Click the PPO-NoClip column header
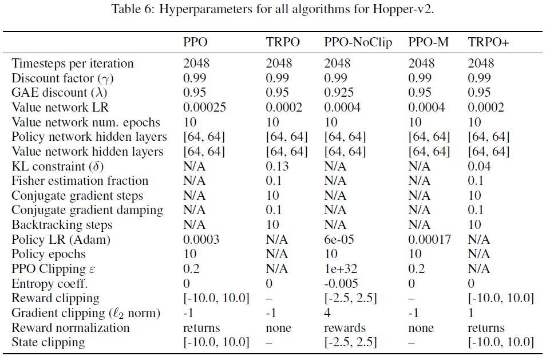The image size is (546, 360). coord(358,42)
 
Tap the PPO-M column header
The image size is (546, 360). coord(430,42)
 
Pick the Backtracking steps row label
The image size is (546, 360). coord(62,225)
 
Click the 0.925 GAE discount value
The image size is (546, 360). coord(339,92)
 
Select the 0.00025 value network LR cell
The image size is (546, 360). coord(205,107)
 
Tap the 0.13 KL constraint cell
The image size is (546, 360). coord(278,166)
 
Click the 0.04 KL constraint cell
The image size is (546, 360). coord(480,166)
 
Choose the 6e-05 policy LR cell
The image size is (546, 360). coord(339,240)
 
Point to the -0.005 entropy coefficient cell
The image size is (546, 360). coord(341,284)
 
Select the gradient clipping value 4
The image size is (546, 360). coord(328,313)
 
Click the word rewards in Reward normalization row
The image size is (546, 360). coord(344,328)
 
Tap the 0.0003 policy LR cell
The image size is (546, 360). coord(202,240)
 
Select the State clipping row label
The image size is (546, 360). coord(48,343)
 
